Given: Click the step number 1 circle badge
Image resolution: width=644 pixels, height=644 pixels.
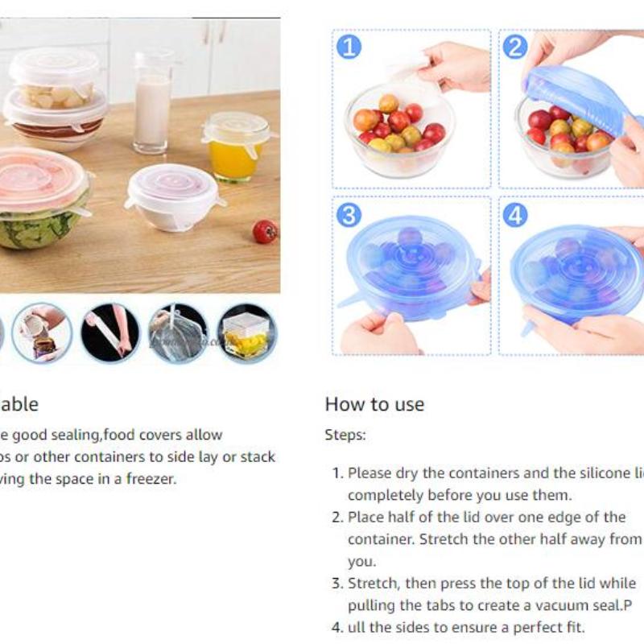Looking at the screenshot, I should [x=348, y=47].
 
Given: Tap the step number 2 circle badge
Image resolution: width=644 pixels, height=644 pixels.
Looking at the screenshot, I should [x=514, y=47].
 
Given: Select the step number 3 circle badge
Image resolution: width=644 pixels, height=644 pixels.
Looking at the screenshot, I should [x=349, y=215].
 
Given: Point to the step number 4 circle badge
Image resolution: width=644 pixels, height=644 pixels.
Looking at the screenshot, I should [x=514, y=215].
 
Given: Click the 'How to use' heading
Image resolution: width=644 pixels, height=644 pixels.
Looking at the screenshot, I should [x=374, y=403].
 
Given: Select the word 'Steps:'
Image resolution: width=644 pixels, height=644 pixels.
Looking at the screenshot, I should [x=345, y=435].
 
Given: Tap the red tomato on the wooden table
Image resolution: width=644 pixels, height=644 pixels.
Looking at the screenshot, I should [x=265, y=232].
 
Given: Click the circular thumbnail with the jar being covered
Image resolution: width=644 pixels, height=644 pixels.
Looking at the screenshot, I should [x=42, y=332].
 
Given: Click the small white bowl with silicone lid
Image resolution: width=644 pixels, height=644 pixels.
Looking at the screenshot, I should [x=173, y=197].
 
